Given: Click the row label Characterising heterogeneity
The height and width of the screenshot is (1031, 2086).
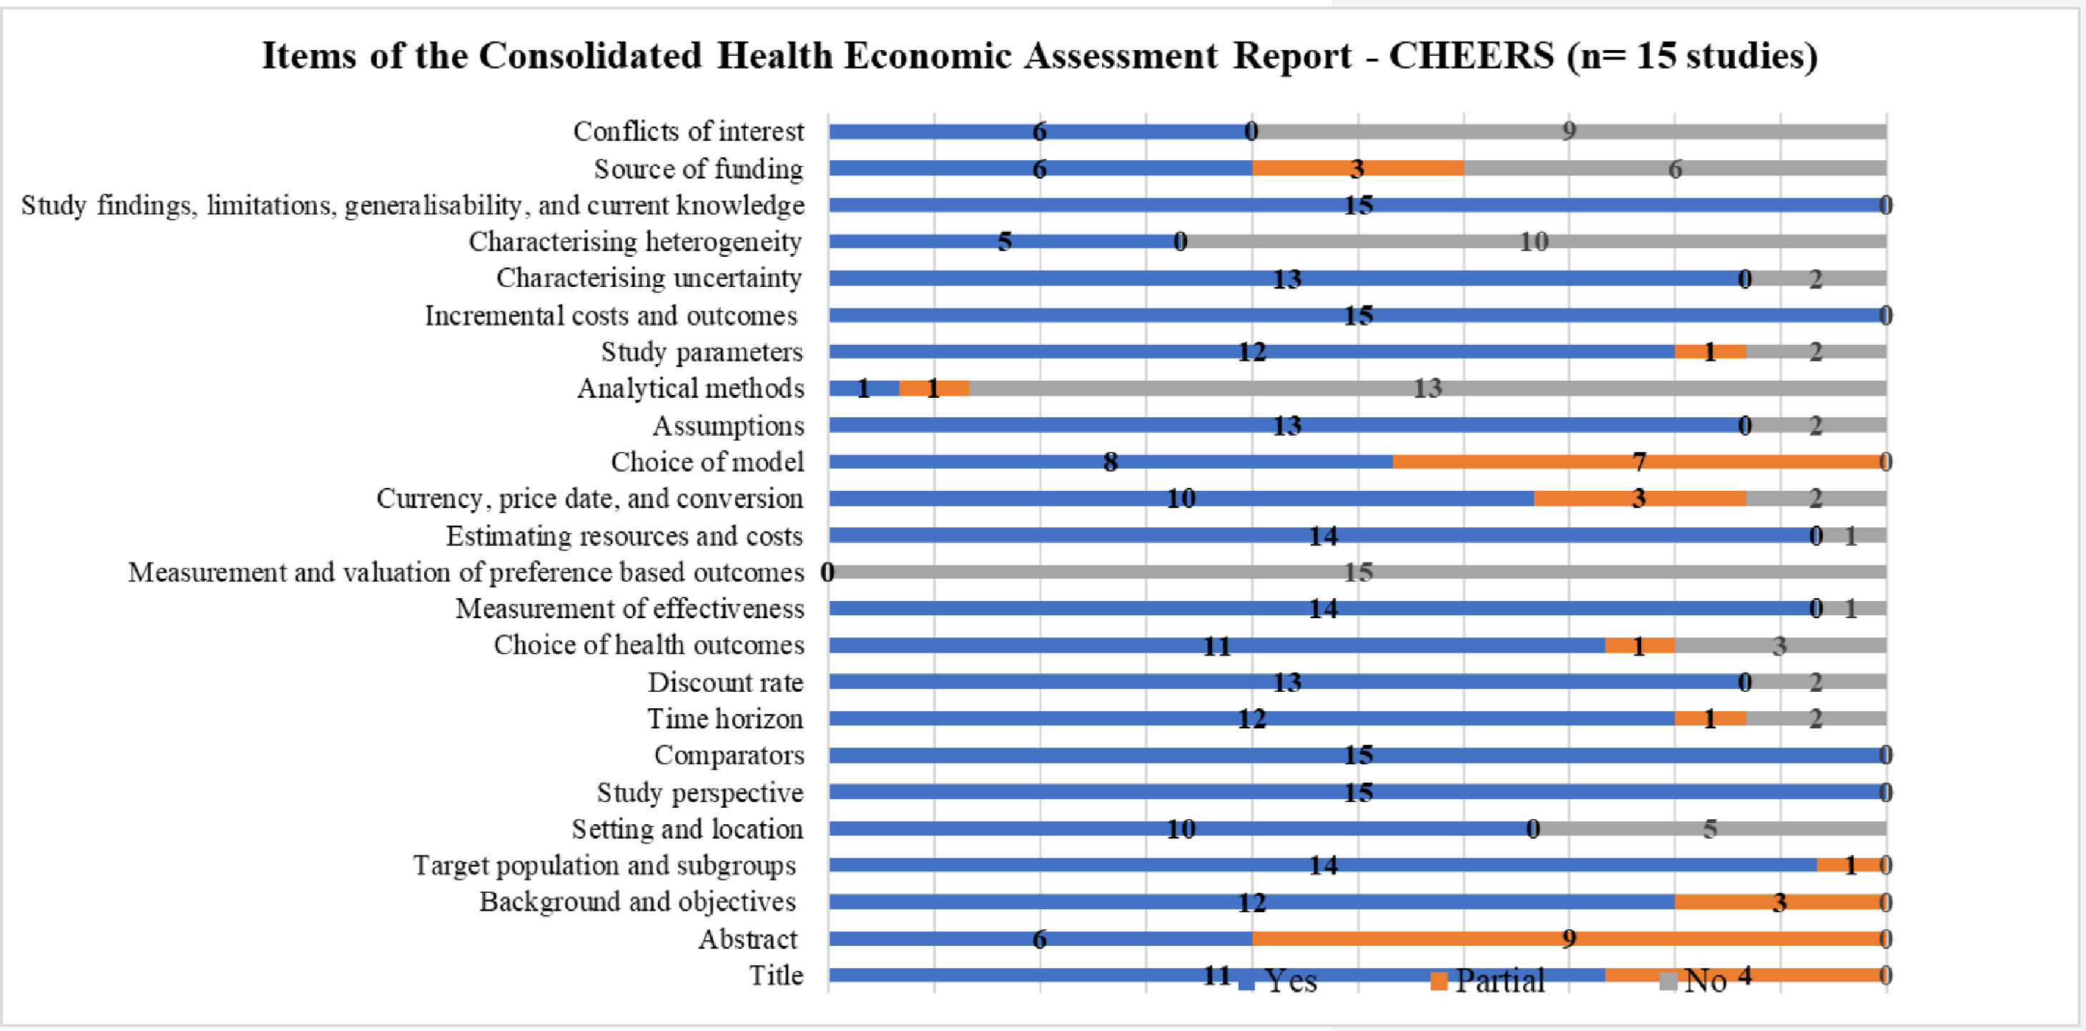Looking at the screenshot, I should (635, 241).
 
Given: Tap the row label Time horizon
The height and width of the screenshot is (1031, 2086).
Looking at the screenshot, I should (724, 718).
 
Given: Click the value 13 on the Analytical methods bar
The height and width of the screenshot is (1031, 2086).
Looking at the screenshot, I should (1427, 388).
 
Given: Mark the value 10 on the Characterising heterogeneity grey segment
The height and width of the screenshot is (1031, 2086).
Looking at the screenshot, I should (1533, 241).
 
